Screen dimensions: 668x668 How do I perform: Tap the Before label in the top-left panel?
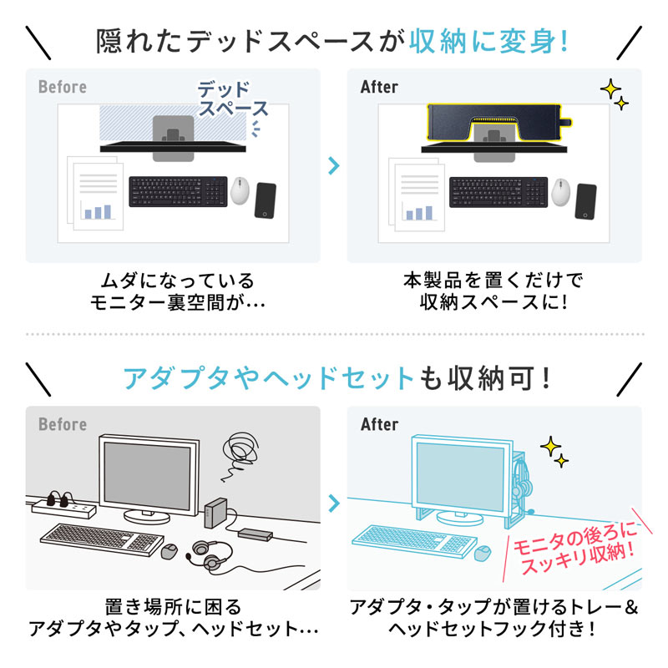point(62,87)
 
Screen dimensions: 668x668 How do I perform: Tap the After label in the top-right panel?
point(379,87)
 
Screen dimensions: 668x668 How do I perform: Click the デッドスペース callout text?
point(233,99)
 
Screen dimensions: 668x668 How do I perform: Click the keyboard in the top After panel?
point(498,192)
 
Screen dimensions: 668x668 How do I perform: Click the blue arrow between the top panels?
point(334,164)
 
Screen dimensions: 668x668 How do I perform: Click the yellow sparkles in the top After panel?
point(615,94)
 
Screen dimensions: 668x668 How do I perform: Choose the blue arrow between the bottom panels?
point(334,503)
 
